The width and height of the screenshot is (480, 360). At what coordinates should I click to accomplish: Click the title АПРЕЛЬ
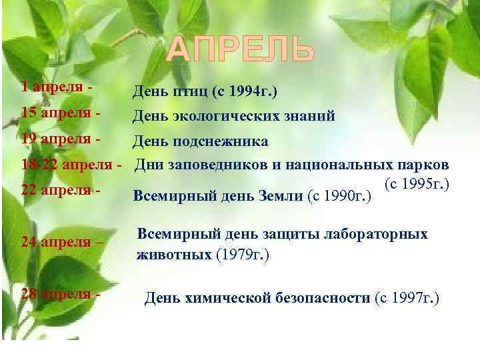[x=239, y=50]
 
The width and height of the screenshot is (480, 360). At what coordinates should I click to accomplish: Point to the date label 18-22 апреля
[x=67, y=164]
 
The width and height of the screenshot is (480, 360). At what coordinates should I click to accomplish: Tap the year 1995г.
[x=423, y=182]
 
